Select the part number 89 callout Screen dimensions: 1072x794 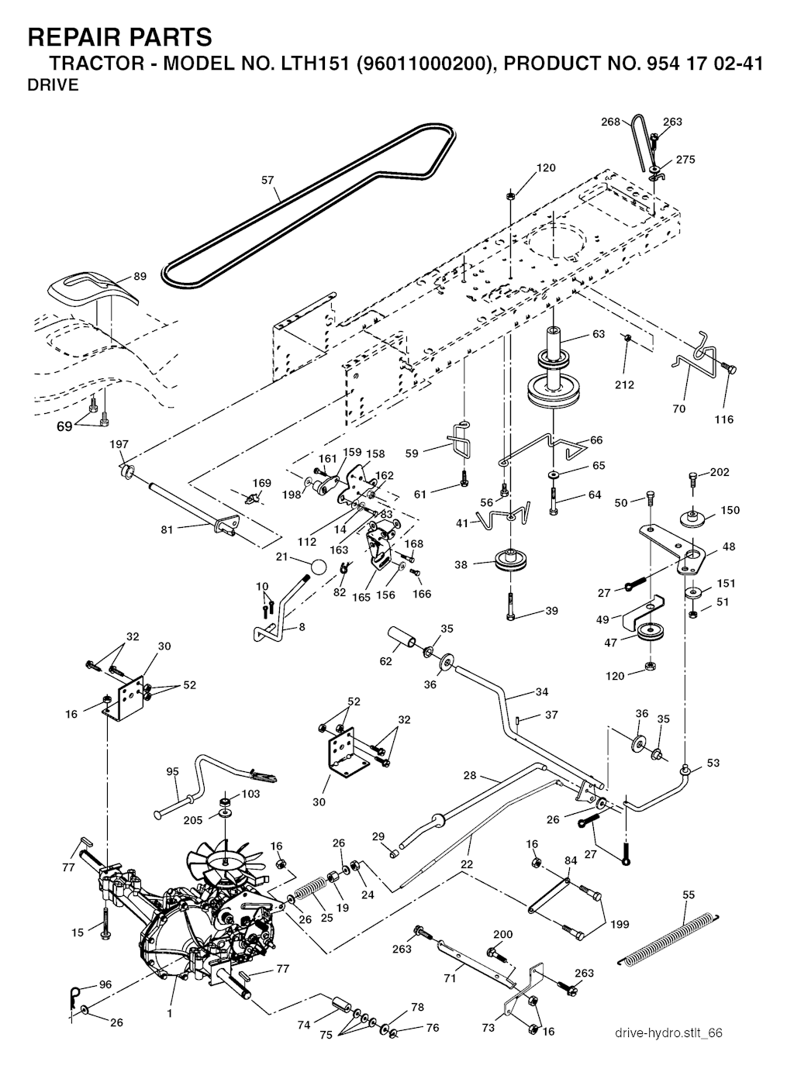[140, 277]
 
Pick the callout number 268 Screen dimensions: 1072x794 [611, 122]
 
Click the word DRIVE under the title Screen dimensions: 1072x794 [53, 85]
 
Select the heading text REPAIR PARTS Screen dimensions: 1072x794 [119, 37]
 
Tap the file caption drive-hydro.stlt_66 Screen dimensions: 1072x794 [668, 1032]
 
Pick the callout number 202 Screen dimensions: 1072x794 [720, 472]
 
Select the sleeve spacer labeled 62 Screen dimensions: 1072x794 [401, 639]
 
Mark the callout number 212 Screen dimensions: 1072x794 [624, 384]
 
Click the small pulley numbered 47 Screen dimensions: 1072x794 [645, 633]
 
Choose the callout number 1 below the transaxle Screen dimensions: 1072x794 [169, 1013]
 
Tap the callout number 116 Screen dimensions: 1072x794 [724, 419]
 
